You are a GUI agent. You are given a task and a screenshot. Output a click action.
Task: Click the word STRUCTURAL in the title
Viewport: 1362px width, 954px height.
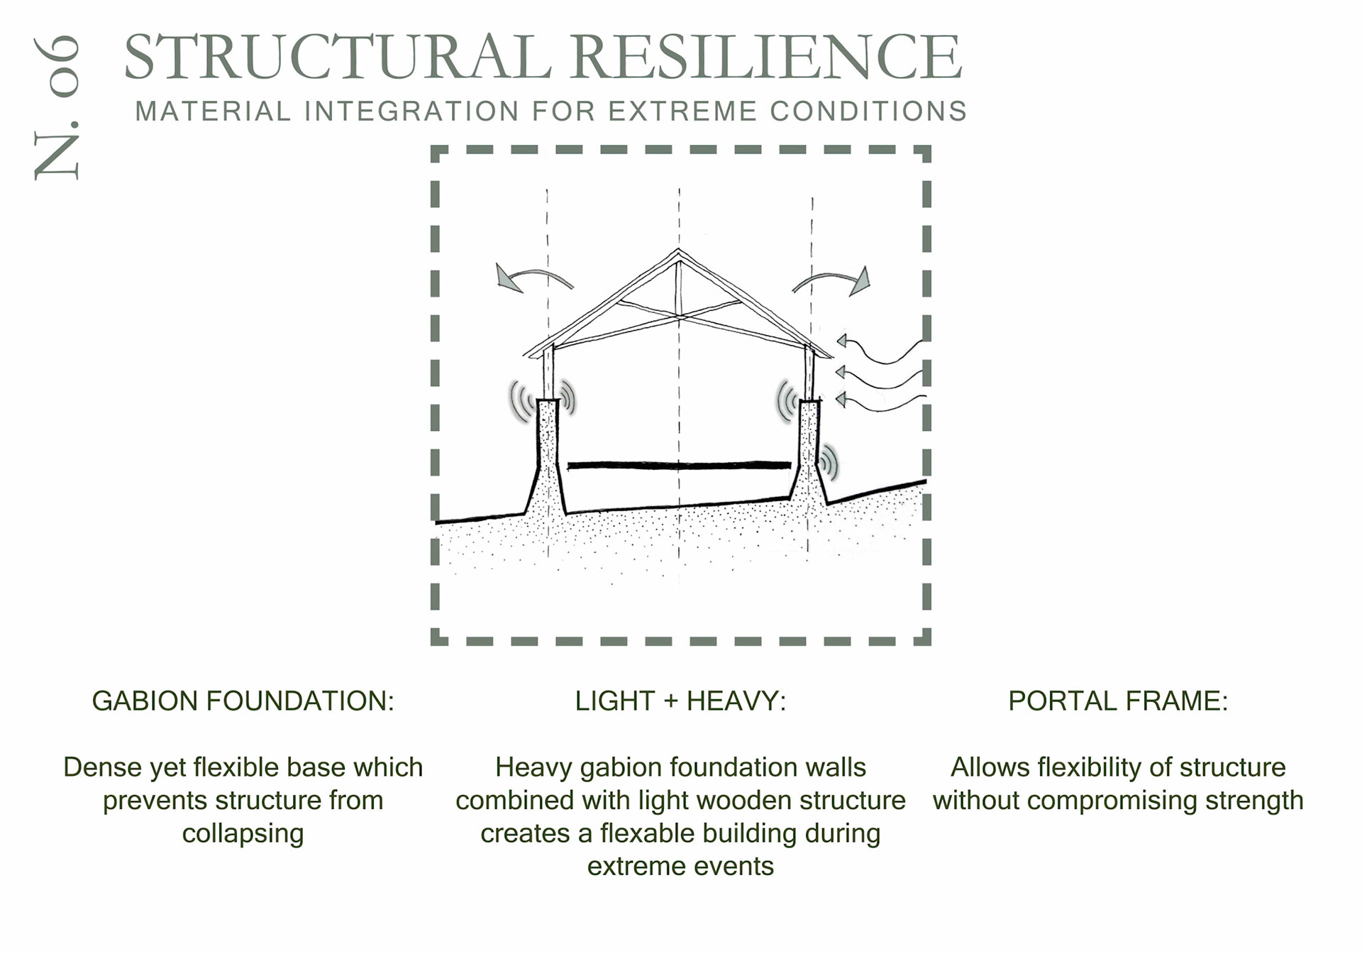337,57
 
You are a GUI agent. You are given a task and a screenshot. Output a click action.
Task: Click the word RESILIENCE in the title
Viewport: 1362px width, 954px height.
766,57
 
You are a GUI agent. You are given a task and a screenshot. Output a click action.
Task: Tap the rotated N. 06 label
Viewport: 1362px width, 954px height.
57,106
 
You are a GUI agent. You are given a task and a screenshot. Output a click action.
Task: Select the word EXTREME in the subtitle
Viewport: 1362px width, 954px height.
682,111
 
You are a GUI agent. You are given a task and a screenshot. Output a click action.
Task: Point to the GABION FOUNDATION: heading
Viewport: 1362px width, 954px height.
243,701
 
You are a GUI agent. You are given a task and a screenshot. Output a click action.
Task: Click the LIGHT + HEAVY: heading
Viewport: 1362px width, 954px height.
680,701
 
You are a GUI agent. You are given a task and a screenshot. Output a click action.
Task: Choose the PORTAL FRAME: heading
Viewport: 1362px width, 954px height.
1117,701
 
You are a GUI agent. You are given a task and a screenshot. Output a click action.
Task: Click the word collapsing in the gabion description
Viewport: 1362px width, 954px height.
243,833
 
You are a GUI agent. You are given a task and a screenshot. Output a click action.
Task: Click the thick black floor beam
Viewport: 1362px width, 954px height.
679,466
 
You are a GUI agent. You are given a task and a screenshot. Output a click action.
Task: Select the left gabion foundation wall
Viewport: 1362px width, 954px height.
546,461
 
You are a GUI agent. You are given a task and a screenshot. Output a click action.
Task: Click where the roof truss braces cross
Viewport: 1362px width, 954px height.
679,316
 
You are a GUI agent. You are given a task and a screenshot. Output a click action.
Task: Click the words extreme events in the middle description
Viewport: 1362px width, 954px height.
680,866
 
